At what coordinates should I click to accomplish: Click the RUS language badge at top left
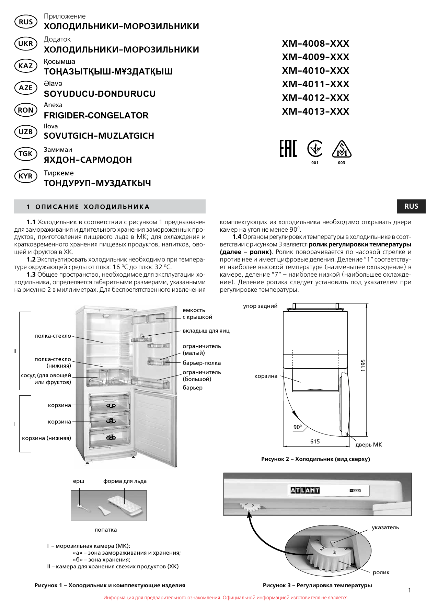26,22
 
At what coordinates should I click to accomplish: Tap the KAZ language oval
26,66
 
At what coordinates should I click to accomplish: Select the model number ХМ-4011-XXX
315,84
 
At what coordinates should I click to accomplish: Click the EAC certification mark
288,149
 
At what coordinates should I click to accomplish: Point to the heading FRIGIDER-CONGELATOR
96,115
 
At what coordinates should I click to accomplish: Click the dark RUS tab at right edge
411,206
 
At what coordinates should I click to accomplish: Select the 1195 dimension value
363,365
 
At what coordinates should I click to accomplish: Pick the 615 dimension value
315,441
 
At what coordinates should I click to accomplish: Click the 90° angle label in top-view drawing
298,427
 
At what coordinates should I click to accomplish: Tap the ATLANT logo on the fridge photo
305,490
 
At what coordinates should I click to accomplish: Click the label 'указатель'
385,528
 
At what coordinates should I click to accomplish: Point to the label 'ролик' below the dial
381,572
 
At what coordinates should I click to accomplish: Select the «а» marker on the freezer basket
111,405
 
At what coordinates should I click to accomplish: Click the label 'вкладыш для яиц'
206,331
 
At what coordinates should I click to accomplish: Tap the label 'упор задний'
260,306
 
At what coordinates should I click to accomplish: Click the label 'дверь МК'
368,445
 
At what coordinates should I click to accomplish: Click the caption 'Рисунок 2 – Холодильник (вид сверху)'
315,459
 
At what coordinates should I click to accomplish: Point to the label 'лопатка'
106,530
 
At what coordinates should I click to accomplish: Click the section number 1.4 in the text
237,237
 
